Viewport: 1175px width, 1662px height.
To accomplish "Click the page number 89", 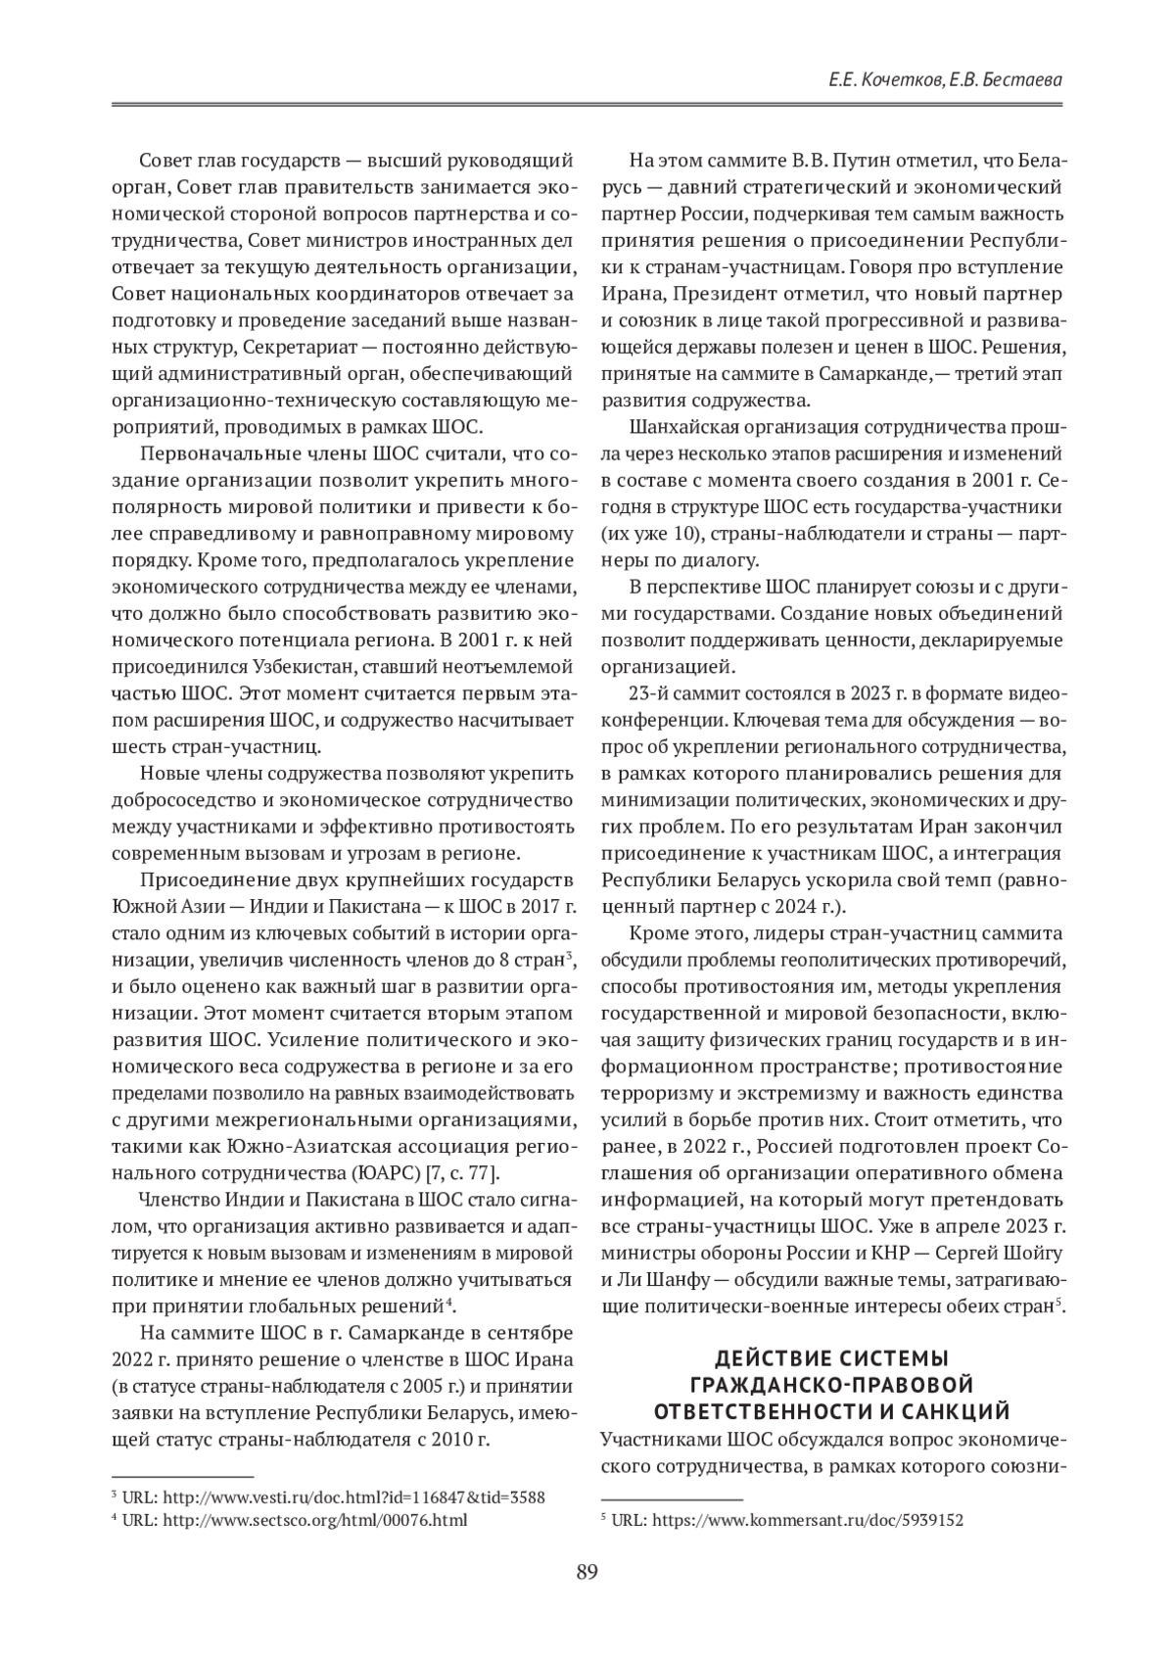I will click(587, 1573).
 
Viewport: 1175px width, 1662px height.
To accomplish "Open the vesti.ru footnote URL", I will click(352, 1497).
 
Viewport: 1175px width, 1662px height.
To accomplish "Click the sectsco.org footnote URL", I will click(313, 1520).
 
